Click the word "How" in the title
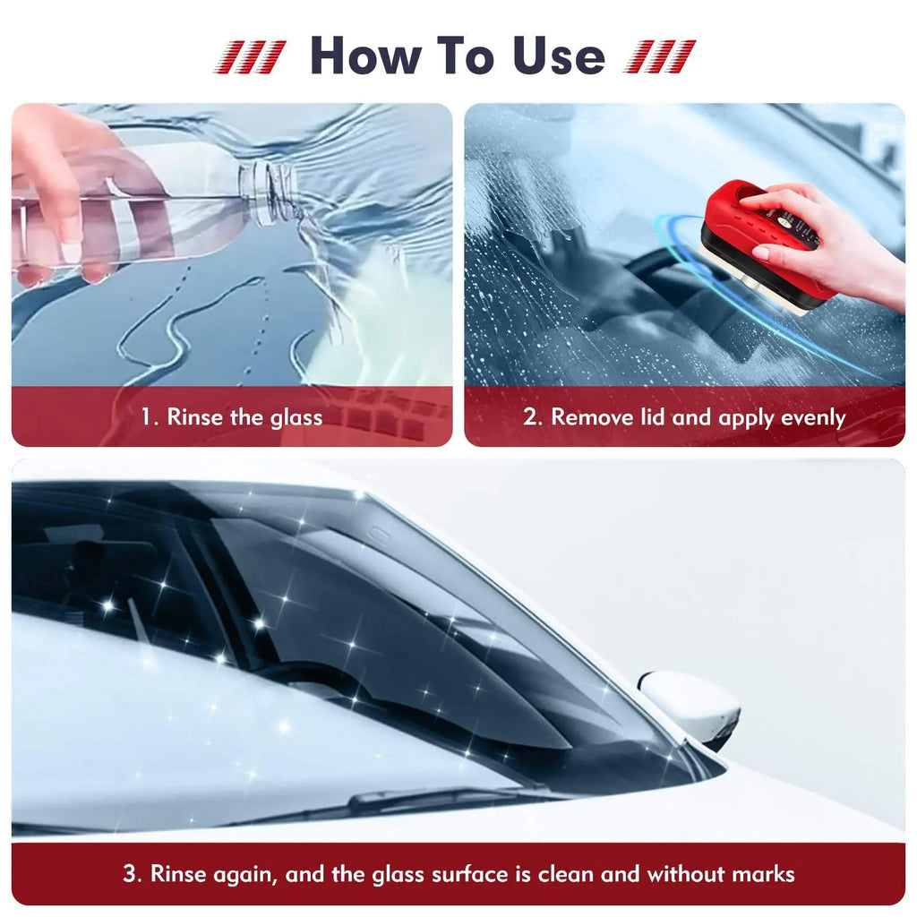363,56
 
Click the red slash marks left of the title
251,56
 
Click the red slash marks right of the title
660,56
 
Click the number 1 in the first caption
147,417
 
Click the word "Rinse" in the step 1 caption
194,417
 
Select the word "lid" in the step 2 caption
649,417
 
